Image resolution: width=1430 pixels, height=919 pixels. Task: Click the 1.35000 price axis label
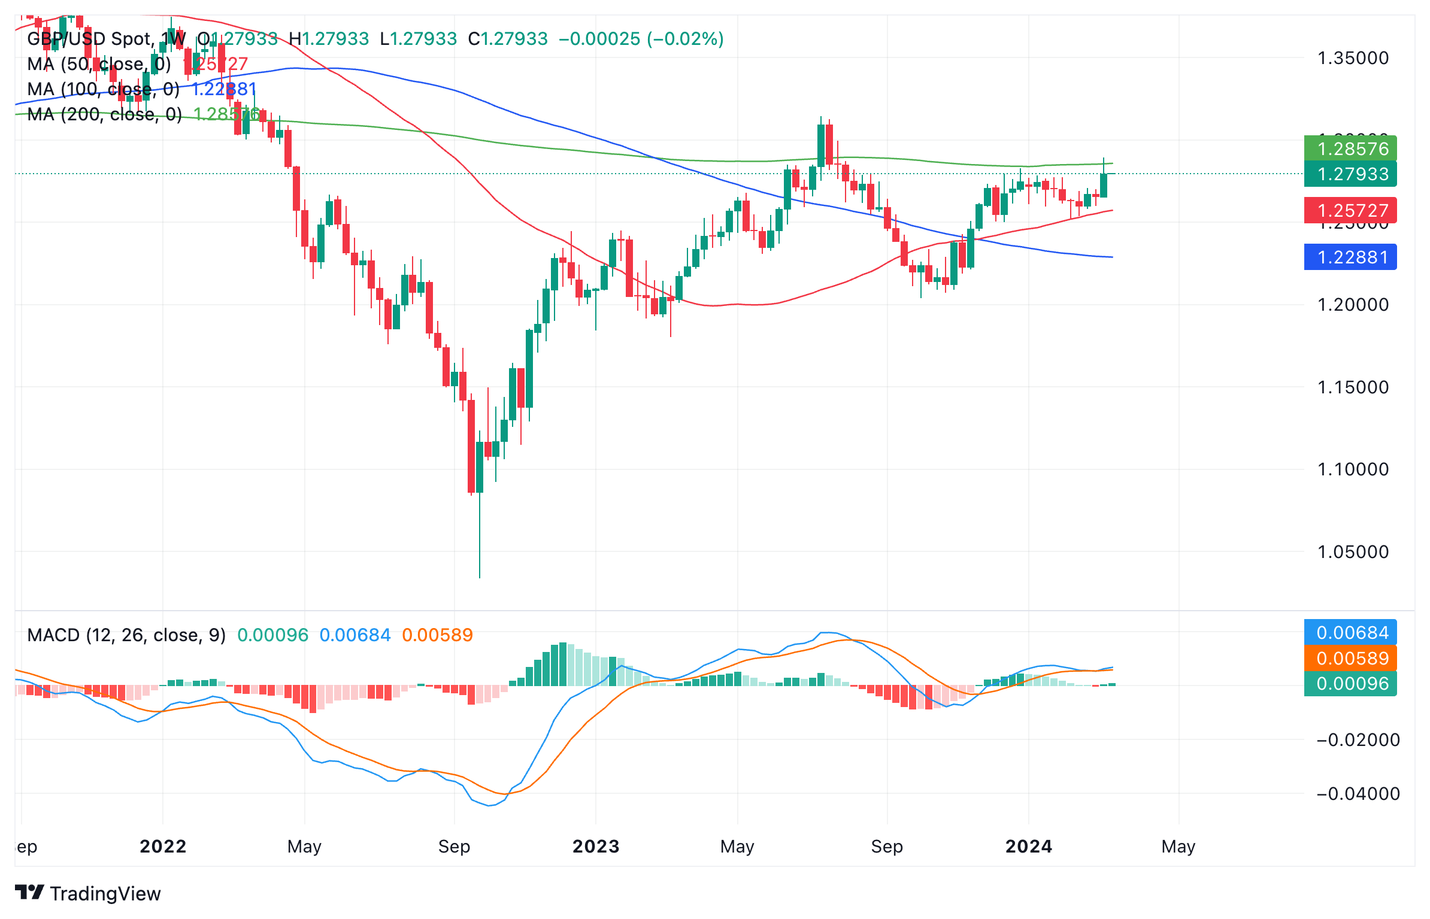1353,58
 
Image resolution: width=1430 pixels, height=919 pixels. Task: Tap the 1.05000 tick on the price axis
1353,551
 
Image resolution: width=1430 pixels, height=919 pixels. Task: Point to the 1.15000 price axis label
1353,387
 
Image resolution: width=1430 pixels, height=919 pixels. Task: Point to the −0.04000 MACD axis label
1358,794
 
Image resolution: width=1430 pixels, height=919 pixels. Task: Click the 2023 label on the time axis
595,846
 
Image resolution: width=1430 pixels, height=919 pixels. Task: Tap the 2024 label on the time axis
1028,846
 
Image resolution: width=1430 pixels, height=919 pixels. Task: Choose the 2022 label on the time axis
163,846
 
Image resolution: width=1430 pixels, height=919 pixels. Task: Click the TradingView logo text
105,893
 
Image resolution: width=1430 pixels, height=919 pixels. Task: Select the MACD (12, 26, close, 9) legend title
126,635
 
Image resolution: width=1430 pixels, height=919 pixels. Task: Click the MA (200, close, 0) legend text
105,114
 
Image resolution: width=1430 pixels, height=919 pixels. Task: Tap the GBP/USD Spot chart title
90,39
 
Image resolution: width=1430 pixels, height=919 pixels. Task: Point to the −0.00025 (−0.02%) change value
641,39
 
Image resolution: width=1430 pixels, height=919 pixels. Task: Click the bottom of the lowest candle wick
480,577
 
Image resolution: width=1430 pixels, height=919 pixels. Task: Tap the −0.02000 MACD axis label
1358,740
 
